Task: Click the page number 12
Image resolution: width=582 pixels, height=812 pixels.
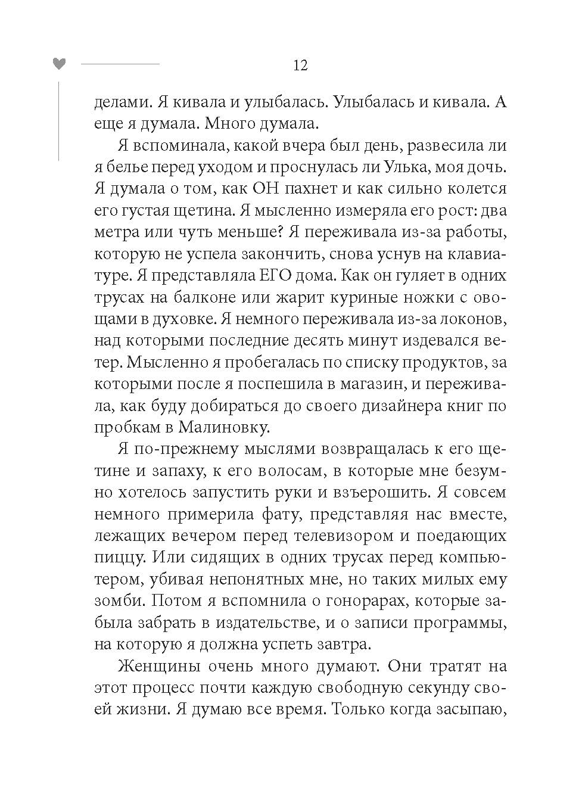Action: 300,66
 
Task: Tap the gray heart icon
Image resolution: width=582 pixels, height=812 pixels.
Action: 58,64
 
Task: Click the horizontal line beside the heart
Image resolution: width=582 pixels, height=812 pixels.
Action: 120,64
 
